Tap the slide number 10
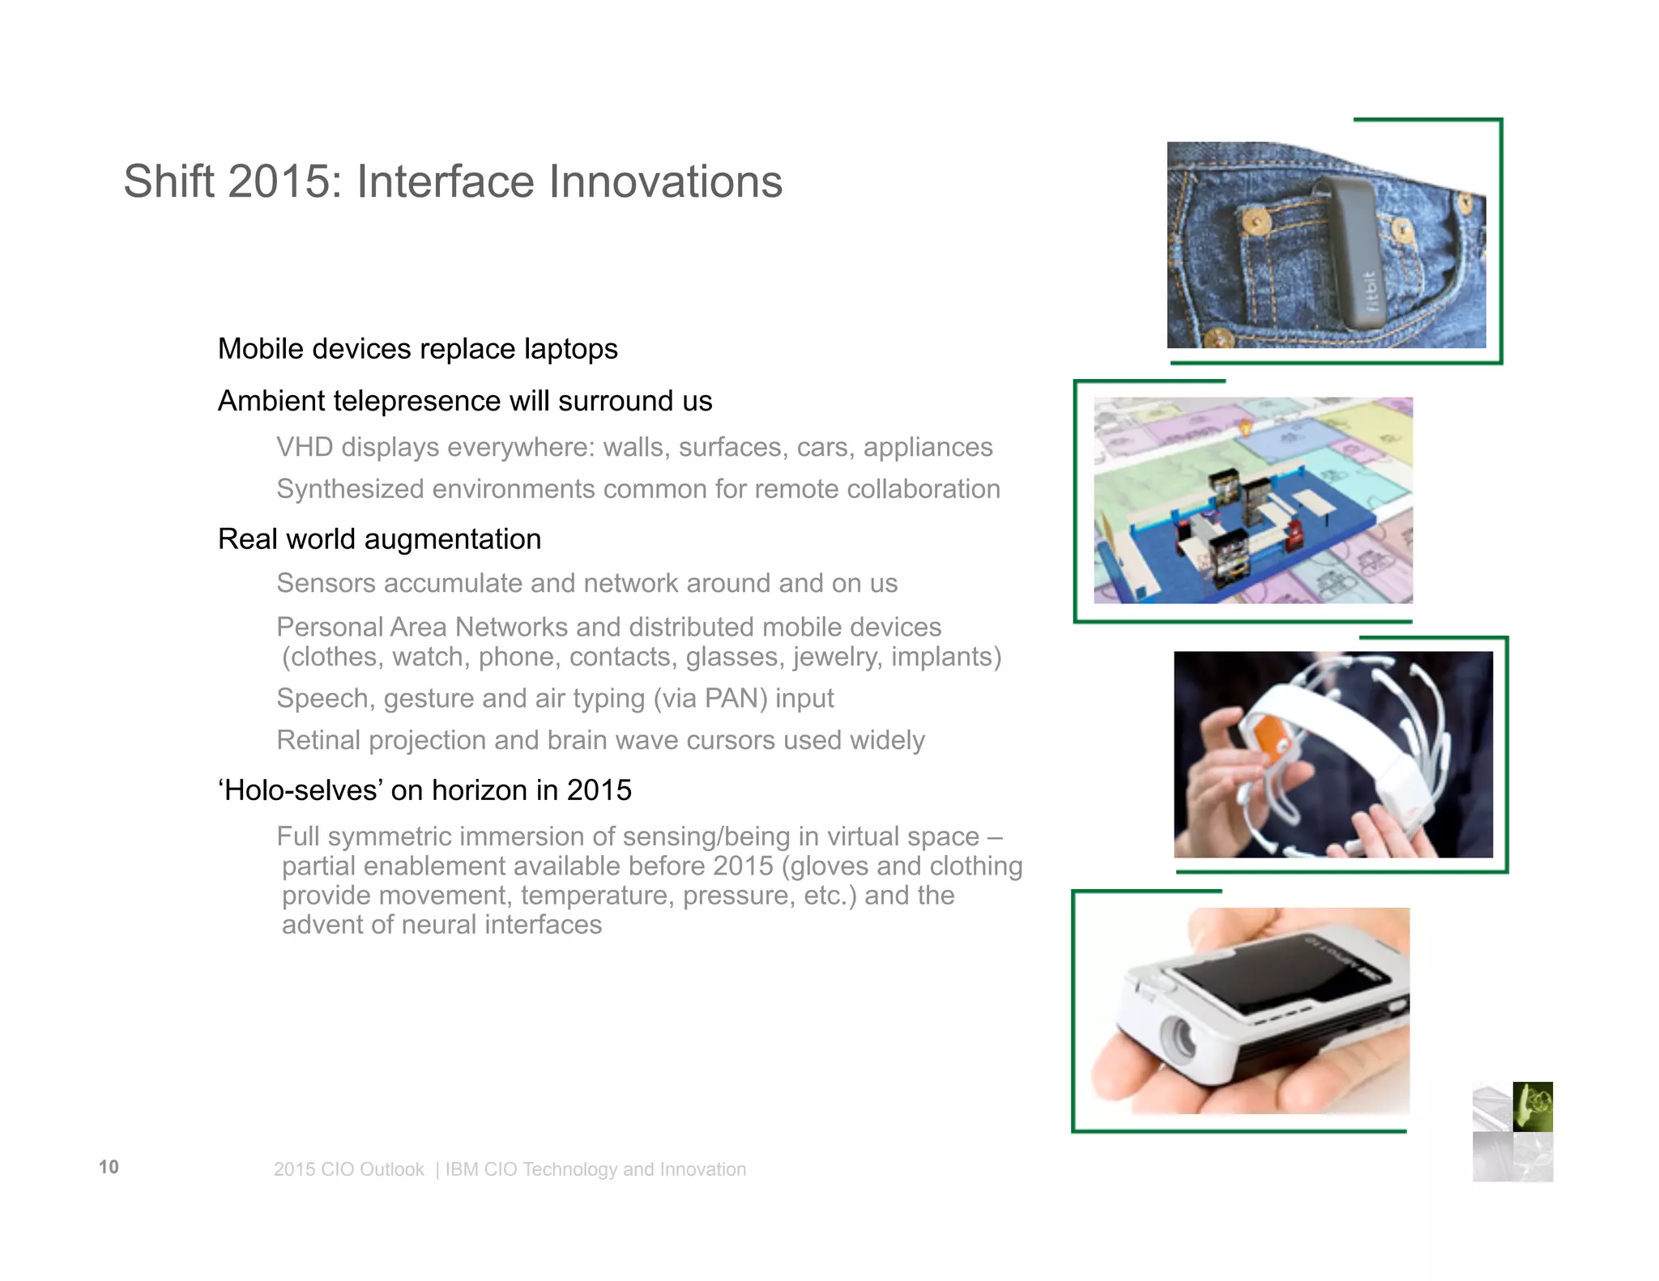[109, 1167]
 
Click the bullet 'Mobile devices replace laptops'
[417, 349]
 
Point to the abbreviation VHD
[304, 447]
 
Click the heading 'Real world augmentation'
[379, 539]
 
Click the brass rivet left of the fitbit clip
[1256, 220]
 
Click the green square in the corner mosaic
[1533, 1106]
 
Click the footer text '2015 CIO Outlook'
[348, 1170]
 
